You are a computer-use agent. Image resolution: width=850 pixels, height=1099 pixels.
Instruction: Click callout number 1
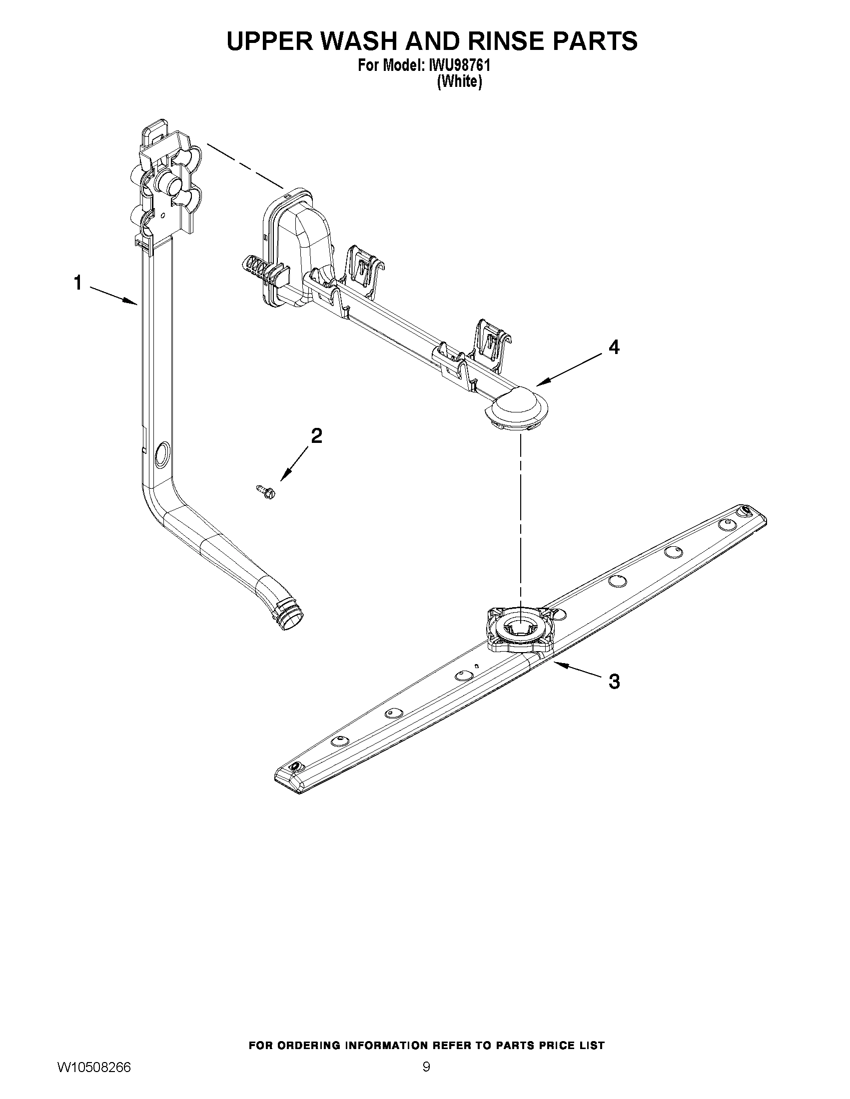78,283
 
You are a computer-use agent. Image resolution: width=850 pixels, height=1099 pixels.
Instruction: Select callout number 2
316,436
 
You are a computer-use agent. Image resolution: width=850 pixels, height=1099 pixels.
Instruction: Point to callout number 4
614,347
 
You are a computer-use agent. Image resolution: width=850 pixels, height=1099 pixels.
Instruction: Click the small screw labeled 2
262,490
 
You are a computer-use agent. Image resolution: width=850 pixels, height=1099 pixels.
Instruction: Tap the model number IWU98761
452,66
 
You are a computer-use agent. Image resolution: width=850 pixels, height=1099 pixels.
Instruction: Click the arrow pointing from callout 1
114,295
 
